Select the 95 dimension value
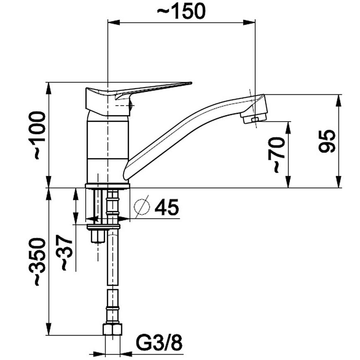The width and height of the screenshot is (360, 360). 327,141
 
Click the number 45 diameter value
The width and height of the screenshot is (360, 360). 167,207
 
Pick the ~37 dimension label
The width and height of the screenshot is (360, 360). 64,252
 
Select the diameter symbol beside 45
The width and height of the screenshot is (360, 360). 142,206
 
